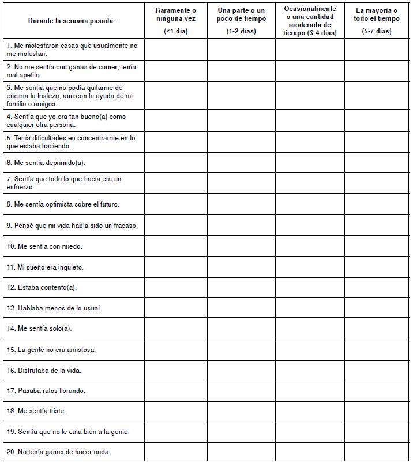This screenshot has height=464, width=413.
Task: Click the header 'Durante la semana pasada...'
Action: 74,21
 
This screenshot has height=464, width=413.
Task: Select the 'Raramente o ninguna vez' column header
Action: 175,14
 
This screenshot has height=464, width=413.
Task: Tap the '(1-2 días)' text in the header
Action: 241,31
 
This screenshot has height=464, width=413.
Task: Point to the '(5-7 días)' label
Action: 377,31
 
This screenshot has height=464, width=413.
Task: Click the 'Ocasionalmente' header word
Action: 310,9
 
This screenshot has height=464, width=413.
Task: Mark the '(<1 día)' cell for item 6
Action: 175,163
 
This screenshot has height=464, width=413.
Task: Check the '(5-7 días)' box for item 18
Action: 377,411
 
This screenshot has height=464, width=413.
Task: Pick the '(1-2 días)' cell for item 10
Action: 241,246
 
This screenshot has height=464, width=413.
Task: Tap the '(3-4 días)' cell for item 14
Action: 310,328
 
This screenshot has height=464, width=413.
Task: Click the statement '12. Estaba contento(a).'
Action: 42,287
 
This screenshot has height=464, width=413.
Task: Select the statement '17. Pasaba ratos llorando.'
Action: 46,391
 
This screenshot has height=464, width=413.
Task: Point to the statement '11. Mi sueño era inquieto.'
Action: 45,267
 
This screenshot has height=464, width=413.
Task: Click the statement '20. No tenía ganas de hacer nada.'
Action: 58,452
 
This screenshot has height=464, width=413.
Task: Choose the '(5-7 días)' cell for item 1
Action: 377,49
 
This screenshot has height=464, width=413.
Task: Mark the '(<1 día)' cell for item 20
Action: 175,452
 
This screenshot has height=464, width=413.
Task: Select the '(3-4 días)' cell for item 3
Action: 310,96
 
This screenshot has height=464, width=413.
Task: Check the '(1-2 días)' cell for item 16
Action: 241,370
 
